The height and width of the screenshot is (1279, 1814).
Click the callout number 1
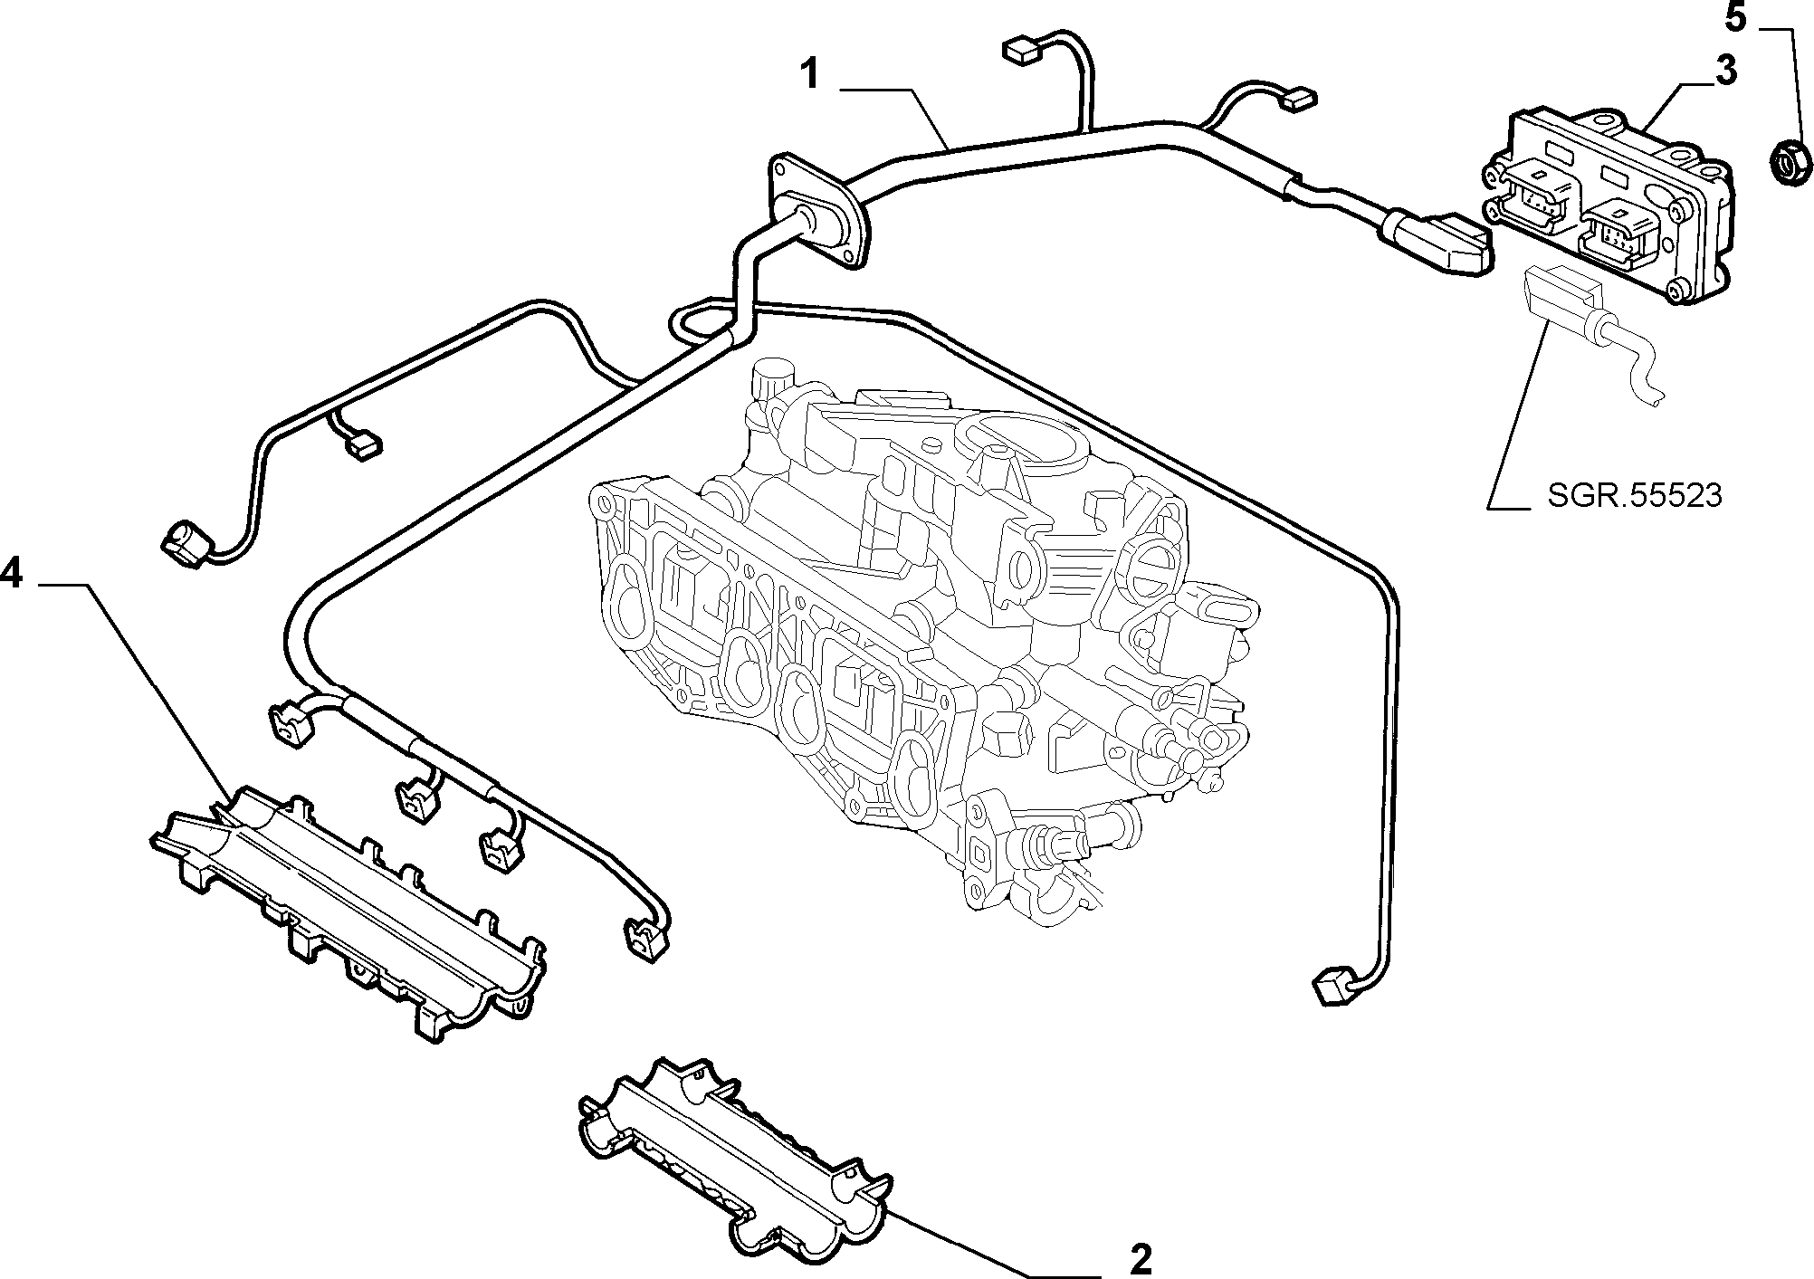[811, 73]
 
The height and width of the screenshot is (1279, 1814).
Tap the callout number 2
[1141, 1258]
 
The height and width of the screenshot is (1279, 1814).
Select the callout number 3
[1724, 70]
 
